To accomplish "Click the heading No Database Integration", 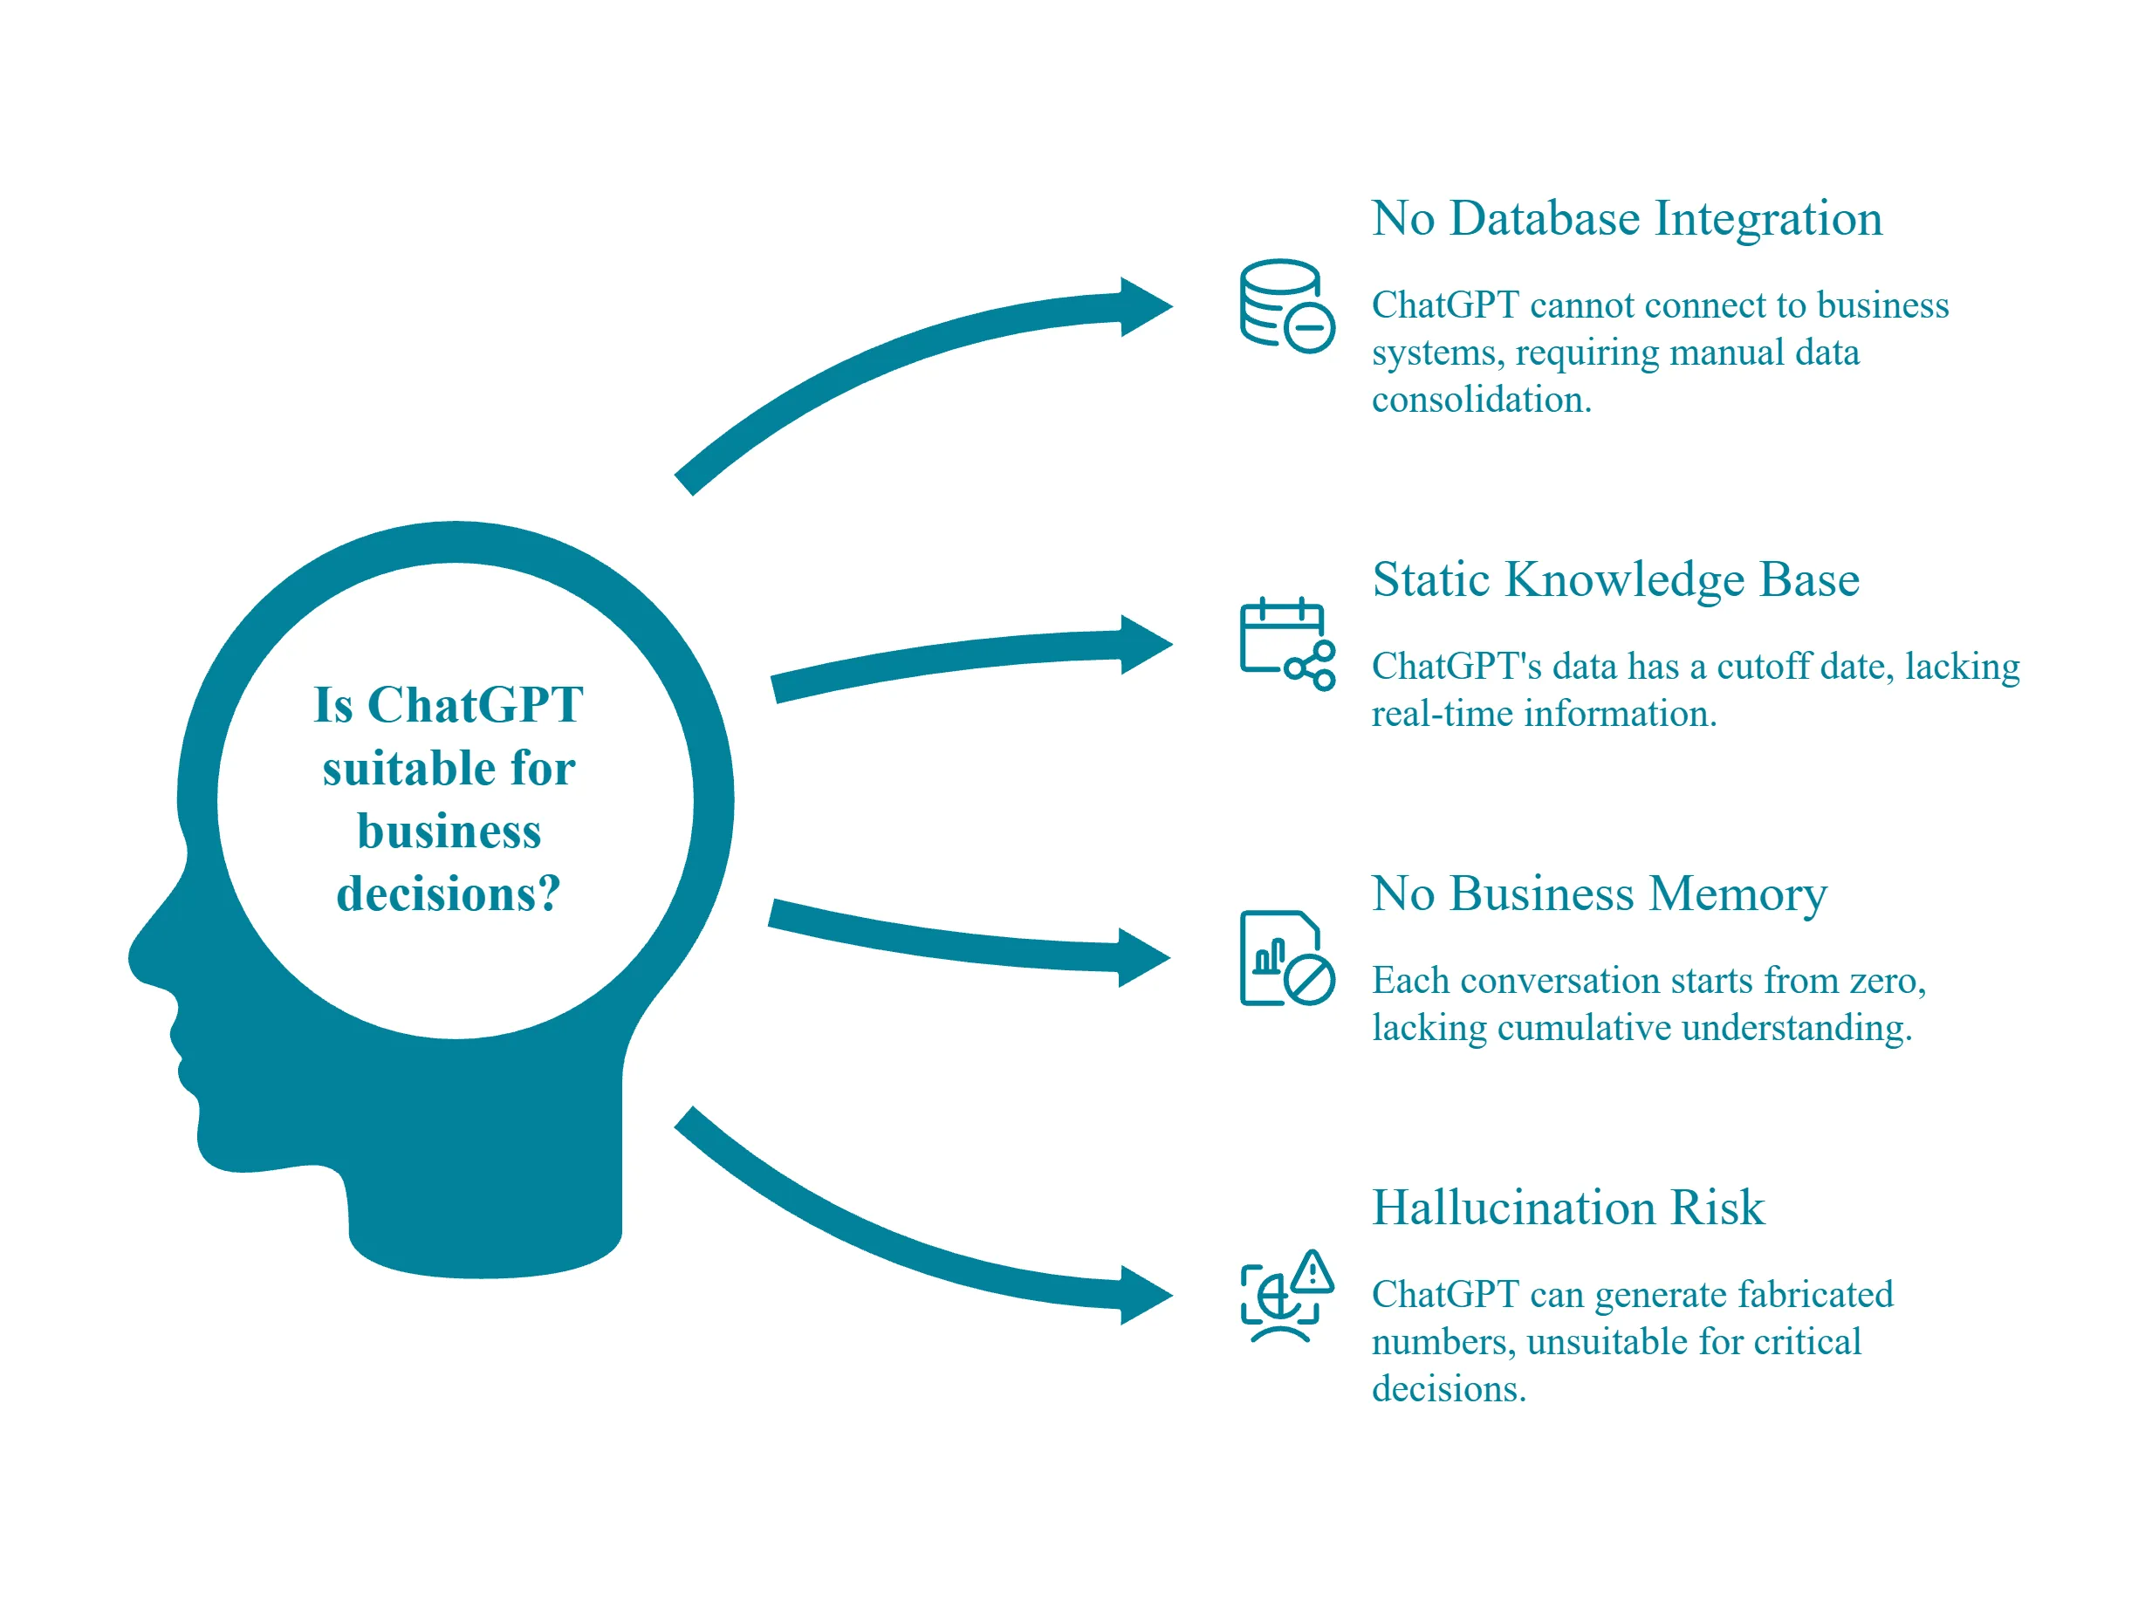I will click(x=1626, y=219).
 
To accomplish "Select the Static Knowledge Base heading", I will click(x=1614, y=580).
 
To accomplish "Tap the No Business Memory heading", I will click(x=1598, y=894).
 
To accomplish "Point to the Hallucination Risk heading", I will click(x=1567, y=1208).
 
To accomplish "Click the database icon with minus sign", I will click(x=1286, y=305).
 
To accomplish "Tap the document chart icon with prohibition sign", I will click(x=1286, y=958).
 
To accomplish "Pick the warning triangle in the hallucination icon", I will click(x=1312, y=1271).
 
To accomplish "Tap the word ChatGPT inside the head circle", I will click(x=476, y=706).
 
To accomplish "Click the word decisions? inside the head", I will click(x=448, y=894).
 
